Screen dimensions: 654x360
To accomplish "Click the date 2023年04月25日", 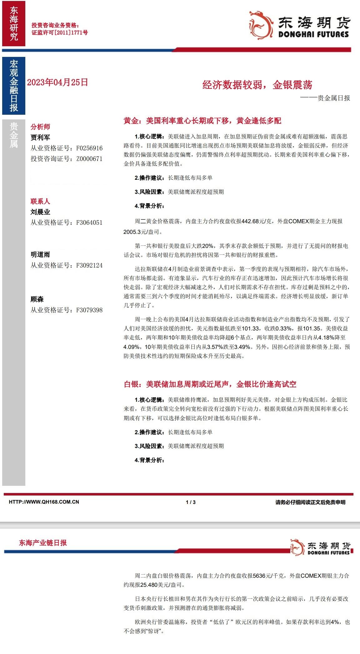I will pos(57,83).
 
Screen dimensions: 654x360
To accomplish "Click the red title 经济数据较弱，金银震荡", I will pos(257,85).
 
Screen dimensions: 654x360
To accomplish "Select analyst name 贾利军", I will pos(40,137).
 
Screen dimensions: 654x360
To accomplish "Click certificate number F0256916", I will pos(89,148).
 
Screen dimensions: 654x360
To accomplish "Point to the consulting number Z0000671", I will pos(89,159).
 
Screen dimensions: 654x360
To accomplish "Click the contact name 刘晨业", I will pos(40,212).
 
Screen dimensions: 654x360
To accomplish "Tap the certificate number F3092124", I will pos(89,265).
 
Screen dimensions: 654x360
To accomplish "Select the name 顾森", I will pos(37,299).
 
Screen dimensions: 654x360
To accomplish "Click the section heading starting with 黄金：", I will pos(202,121).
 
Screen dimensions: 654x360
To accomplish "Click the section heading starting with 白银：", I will pos(210,384).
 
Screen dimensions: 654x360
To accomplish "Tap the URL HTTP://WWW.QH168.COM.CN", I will pos(44,502).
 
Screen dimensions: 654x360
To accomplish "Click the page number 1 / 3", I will pos(191,502).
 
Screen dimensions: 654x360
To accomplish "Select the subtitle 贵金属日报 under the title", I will pos(333,98).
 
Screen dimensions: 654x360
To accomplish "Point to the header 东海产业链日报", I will pos(43,543).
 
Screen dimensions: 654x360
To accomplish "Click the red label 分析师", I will pos(40,127).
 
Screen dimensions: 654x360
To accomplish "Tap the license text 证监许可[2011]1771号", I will pos(60,32).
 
